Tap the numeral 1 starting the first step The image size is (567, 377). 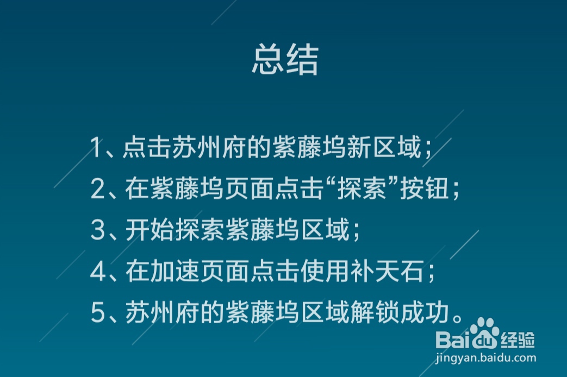[x=97, y=148]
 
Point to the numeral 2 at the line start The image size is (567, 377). [x=97, y=190]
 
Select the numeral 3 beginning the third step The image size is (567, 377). [x=97, y=231]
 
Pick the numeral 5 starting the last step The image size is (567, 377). [x=97, y=313]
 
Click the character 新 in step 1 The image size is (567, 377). [x=359, y=148]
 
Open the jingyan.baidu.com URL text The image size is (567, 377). [x=486, y=358]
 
